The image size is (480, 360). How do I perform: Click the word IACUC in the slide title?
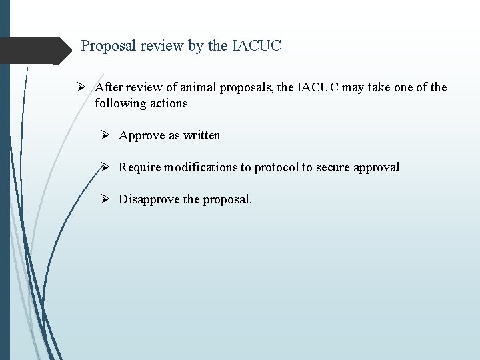point(257,46)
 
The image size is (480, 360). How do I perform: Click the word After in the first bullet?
point(108,87)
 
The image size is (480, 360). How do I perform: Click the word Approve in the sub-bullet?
point(141,135)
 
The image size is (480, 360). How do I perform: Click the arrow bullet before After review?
point(80,87)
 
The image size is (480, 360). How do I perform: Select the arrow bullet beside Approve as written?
point(104,135)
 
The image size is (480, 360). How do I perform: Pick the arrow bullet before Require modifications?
point(104,167)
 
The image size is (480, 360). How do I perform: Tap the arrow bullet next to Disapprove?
point(104,199)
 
